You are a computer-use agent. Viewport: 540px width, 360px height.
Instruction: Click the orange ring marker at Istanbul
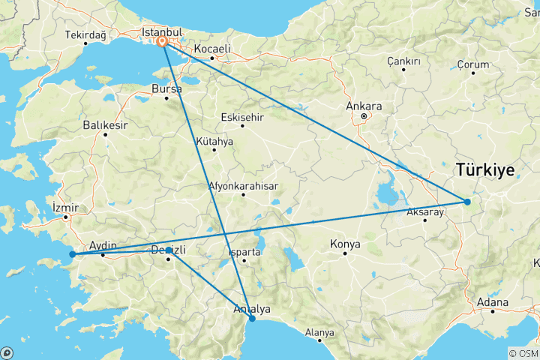162,43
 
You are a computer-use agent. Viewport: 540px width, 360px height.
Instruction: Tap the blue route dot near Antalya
252,319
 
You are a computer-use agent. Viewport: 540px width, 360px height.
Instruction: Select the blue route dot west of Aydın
72,254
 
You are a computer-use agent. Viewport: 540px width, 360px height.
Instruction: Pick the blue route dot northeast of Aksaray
467,202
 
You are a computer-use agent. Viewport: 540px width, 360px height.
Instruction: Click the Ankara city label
364,106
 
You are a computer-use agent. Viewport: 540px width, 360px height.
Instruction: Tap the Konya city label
345,244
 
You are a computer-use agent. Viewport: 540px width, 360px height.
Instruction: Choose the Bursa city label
166,88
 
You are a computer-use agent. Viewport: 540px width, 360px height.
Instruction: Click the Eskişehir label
242,117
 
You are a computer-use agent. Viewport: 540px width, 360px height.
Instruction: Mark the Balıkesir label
105,124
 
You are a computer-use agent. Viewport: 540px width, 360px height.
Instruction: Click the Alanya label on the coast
319,331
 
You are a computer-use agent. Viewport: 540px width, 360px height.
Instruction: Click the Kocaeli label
211,48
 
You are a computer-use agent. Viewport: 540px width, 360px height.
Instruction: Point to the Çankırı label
403,60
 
